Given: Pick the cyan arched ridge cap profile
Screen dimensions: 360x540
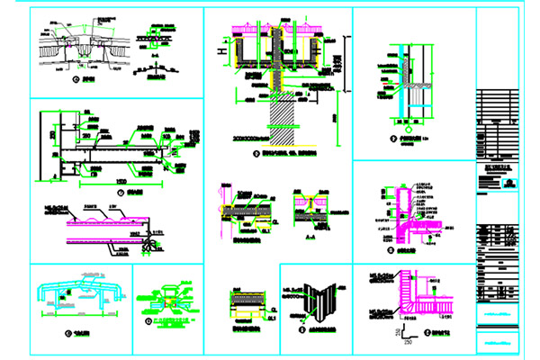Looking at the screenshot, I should [x=80, y=292].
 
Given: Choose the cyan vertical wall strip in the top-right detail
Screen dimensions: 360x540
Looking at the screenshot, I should [x=397, y=72].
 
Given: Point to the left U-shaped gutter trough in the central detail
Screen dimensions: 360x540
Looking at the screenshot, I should [x=245, y=51].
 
